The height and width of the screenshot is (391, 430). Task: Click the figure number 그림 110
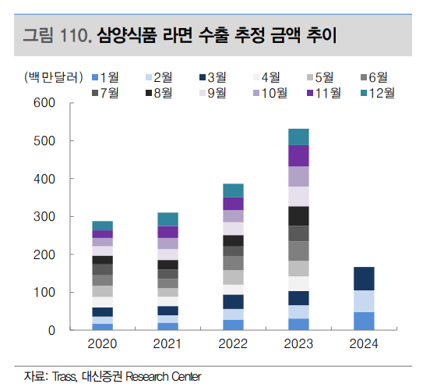(58, 35)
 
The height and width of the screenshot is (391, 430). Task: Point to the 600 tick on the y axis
(45, 103)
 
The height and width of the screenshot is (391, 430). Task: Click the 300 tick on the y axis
(45, 216)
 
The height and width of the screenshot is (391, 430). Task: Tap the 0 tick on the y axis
(51, 330)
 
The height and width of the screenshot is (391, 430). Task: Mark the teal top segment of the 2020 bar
(103, 226)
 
